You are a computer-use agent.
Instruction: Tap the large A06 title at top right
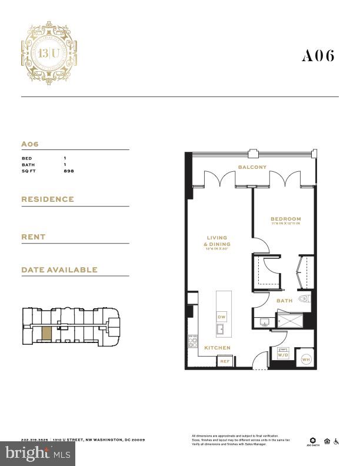(x=318, y=56)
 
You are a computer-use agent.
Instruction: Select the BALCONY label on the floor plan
(x=252, y=167)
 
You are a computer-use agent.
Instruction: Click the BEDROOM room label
(x=286, y=219)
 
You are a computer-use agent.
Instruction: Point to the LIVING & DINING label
(x=218, y=241)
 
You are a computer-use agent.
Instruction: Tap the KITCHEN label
(x=217, y=348)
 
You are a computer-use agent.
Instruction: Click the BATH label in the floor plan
(x=285, y=301)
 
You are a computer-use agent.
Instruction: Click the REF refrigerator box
(x=224, y=361)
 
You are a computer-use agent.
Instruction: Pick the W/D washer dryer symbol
(x=283, y=355)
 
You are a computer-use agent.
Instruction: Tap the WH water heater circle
(x=306, y=359)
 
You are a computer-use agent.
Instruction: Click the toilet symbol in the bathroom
(x=304, y=299)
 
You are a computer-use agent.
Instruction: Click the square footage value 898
(x=69, y=171)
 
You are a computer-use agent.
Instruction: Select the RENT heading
(x=34, y=237)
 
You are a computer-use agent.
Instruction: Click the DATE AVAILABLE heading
(x=59, y=270)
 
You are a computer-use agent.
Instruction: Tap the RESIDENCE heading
(x=48, y=199)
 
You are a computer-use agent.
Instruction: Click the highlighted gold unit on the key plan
(x=46, y=333)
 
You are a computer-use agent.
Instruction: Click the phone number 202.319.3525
(x=35, y=440)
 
